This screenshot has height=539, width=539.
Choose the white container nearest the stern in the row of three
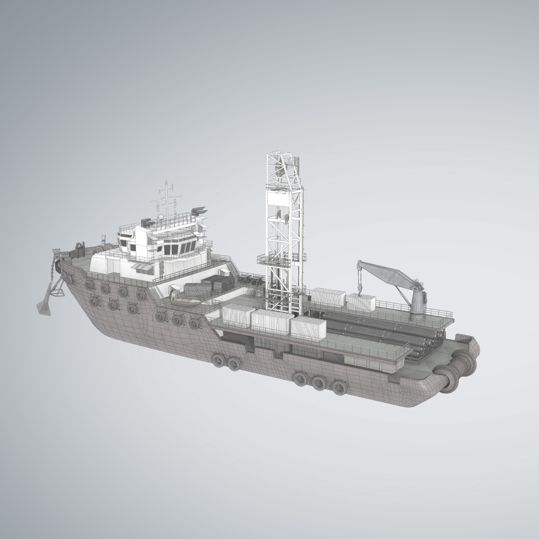(309, 331)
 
